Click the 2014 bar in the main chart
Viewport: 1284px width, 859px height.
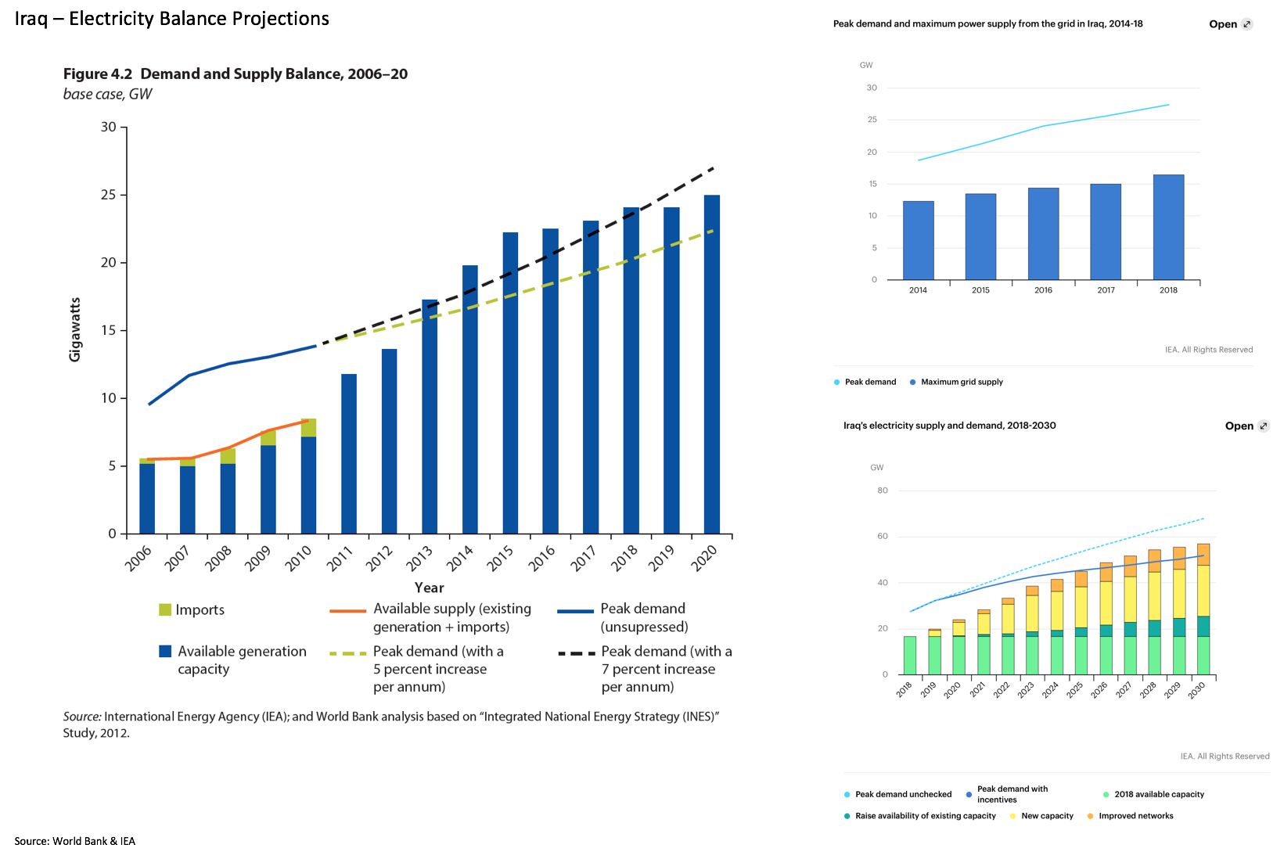(469, 399)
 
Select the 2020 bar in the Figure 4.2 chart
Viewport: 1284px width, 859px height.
(711, 364)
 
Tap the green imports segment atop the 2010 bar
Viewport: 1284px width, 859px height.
(308, 428)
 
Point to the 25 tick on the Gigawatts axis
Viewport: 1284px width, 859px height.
(108, 195)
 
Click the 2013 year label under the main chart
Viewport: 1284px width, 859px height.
(419, 558)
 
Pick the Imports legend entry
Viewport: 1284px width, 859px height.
(192, 610)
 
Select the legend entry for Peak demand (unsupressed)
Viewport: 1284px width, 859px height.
(622, 618)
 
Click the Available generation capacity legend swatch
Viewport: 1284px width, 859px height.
(165, 652)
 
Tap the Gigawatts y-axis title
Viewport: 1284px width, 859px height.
(75, 329)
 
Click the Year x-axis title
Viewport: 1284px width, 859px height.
(429, 588)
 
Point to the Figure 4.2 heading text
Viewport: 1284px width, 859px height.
(235, 74)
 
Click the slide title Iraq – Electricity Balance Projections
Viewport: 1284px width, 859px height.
(172, 19)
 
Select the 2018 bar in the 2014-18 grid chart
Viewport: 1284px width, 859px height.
(1168, 227)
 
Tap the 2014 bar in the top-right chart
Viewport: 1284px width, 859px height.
(918, 240)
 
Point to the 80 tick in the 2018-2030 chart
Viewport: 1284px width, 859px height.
(883, 491)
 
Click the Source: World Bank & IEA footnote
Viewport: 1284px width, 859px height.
(75, 841)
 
